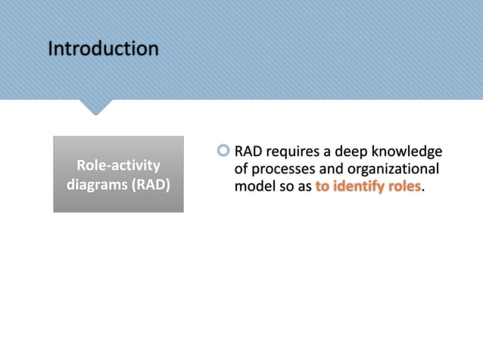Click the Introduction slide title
point(103,49)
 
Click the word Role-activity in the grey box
point(118,165)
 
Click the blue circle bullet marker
point(223,151)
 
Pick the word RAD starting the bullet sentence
point(248,151)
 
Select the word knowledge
point(410,151)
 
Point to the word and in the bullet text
point(336,169)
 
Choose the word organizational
point(395,169)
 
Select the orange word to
point(323,186)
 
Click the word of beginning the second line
point(241,169)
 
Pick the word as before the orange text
point(304,186)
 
